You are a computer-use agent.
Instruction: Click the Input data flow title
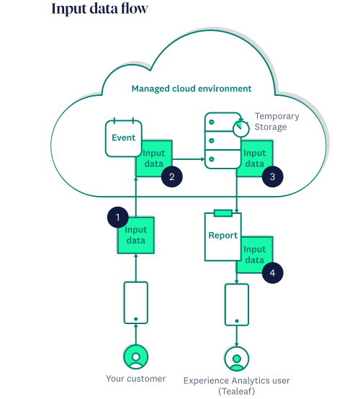pyautogui.click(x=99, y=9)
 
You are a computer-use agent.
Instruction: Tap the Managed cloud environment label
pyautogui.click(x=192, y=89)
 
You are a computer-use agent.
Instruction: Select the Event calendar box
pyautogui.click(x=124, y=138)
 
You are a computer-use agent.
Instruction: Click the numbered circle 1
pyautogui.click(x=117, y=218)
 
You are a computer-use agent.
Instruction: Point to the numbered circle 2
pyautogui.click(x=172, y=176)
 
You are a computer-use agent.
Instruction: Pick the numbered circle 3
pyautogui.click(x=272, y=176)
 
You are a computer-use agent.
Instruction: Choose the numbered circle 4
pyautogui.click(x=272, y=273)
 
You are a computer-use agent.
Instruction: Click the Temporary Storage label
pyautogui.click(x=276, y=122)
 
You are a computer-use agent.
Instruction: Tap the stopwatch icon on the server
pyautogui.click(x=241, y=127)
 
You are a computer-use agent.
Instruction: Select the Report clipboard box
pyautogui.click(x=223, y=236)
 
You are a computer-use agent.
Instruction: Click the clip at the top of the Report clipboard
pyautogui.click(x=223, y=213)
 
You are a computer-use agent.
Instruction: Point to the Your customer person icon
pyautogui.click(x=136, y=357)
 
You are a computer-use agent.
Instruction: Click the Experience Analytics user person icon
pyautogui.click(x=237, y=359)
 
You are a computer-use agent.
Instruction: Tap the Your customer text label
pyautogui.click(x=136, y=379)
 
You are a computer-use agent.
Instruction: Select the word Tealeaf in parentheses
pyautogui.click(x=237, y=391)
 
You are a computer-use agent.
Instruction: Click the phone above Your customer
pyautogui.click(x=136, y=302)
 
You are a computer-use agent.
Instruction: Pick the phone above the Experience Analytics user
pyautogui.click(x=237, y=305)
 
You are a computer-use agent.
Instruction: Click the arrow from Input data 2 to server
pyautogui.click(x=188, y=159)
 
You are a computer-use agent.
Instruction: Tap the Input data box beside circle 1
pyautogui.click(x=136, y=236)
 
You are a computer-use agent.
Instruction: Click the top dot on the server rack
pyautogui.click(x=212, y=122)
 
